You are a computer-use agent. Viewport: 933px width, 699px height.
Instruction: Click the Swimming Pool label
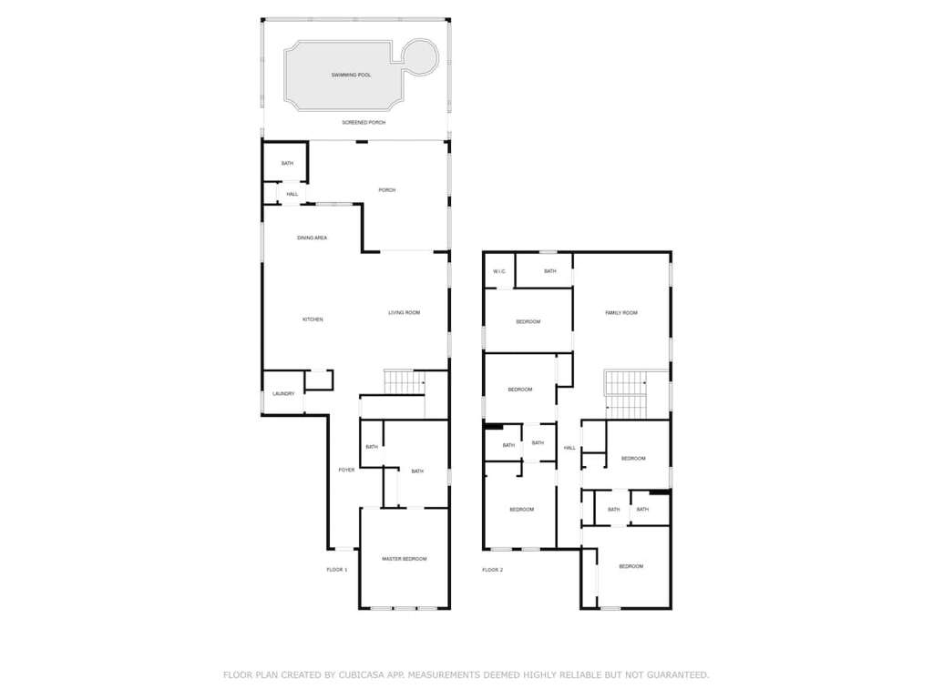click(351, 76)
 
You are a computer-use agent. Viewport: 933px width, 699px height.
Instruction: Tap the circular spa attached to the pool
click(421, 57)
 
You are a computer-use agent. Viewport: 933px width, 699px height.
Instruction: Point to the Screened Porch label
click(364, 123)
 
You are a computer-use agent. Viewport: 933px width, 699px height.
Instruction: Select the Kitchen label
click(313, 319)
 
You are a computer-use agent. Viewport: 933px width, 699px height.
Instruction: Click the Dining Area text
click(312, 238)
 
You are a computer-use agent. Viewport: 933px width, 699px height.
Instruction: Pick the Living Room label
click(404, 313)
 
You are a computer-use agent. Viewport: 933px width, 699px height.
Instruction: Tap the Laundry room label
click(283, 393)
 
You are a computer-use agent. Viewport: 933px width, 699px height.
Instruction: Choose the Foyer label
click(346, 471)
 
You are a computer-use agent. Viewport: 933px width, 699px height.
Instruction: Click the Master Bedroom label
click(404, 560)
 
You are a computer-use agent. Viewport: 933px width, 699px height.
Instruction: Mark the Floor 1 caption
click(337, 570)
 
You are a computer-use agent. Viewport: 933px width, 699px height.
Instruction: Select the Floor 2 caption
click(493, 570)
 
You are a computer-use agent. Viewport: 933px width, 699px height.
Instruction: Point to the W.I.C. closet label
click(499, 271)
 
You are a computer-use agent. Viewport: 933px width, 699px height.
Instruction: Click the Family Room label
click(621, 313)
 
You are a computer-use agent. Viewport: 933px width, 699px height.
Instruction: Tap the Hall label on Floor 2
click(570, 448)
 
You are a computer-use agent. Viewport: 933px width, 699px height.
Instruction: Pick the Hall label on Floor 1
click(292, 195)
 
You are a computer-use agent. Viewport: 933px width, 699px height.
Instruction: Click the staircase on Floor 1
click(404, 382)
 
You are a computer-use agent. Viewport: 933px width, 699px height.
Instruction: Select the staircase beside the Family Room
click(626, 394)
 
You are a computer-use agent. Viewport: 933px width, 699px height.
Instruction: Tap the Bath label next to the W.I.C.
click(549, 271)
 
